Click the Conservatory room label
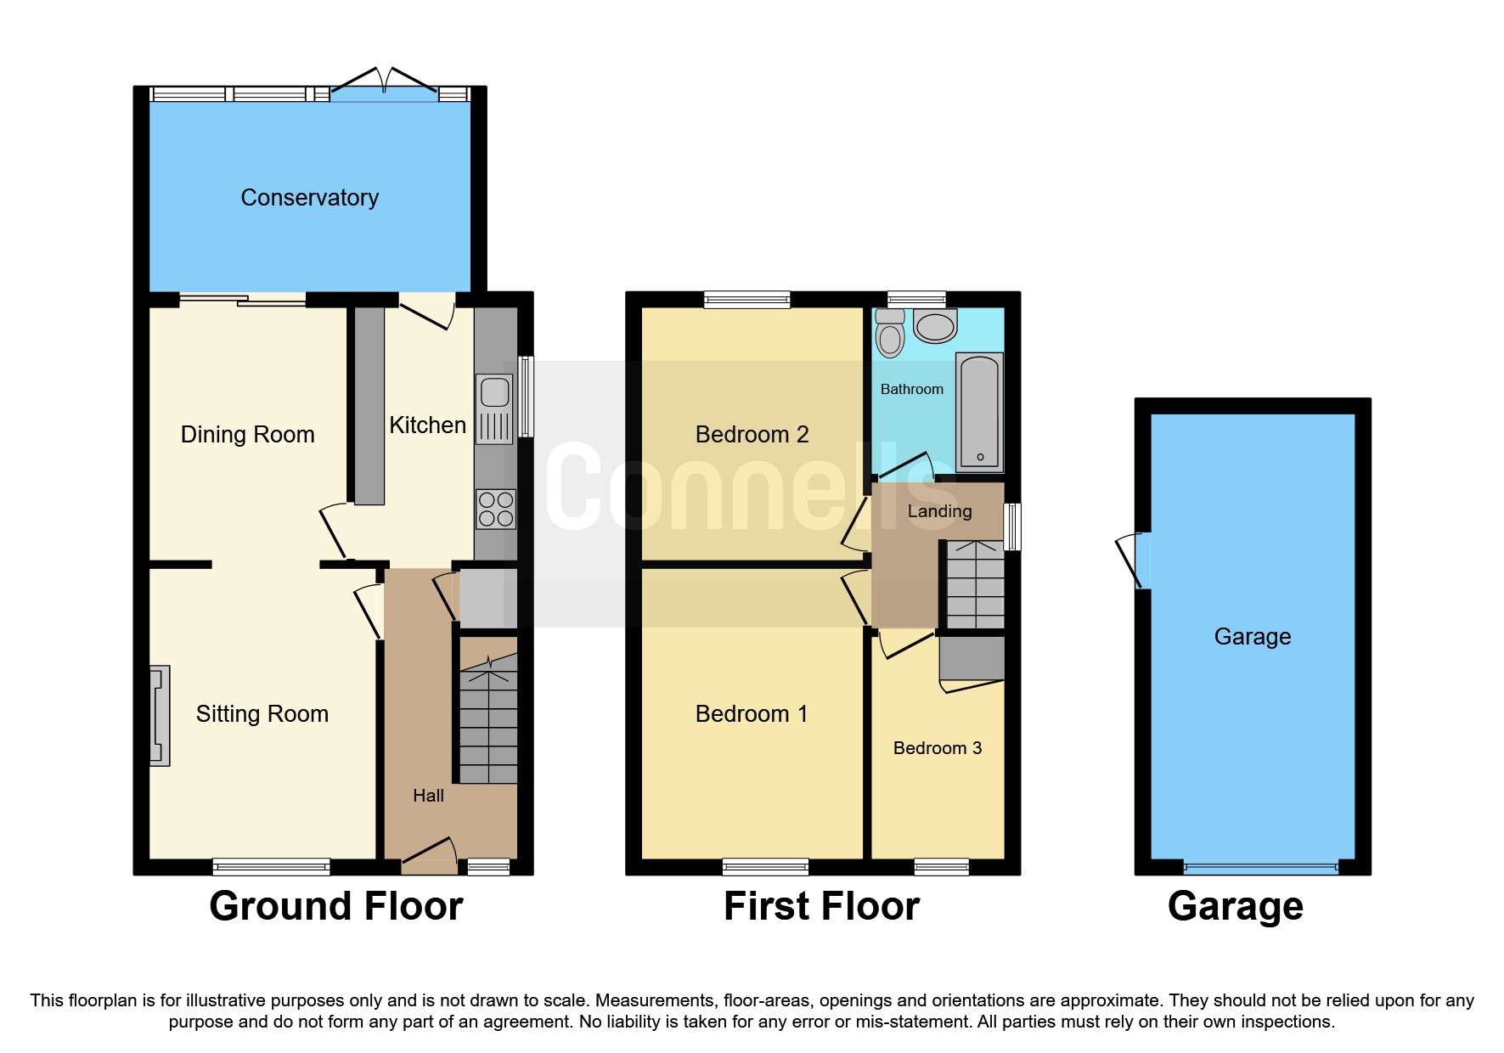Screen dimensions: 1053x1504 (309, 198)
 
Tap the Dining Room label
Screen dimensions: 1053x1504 (247, 435)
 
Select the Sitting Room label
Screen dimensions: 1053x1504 (262, 714)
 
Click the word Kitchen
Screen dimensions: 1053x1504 (427, 425)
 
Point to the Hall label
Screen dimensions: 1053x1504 (428, 796)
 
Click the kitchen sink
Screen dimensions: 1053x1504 (494, 408)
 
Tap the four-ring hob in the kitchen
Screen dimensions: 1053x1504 (496, 509)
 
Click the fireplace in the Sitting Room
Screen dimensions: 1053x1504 (159, 716)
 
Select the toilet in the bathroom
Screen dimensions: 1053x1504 (890, 333)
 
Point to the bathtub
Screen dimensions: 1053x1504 (979, 413)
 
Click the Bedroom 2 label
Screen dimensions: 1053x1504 (752, 435)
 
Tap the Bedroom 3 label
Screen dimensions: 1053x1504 (937, 748)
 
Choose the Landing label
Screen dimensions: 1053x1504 (939, 511)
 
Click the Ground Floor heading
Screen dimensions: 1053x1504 (336, 906)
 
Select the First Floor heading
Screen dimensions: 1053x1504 (821, 906)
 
